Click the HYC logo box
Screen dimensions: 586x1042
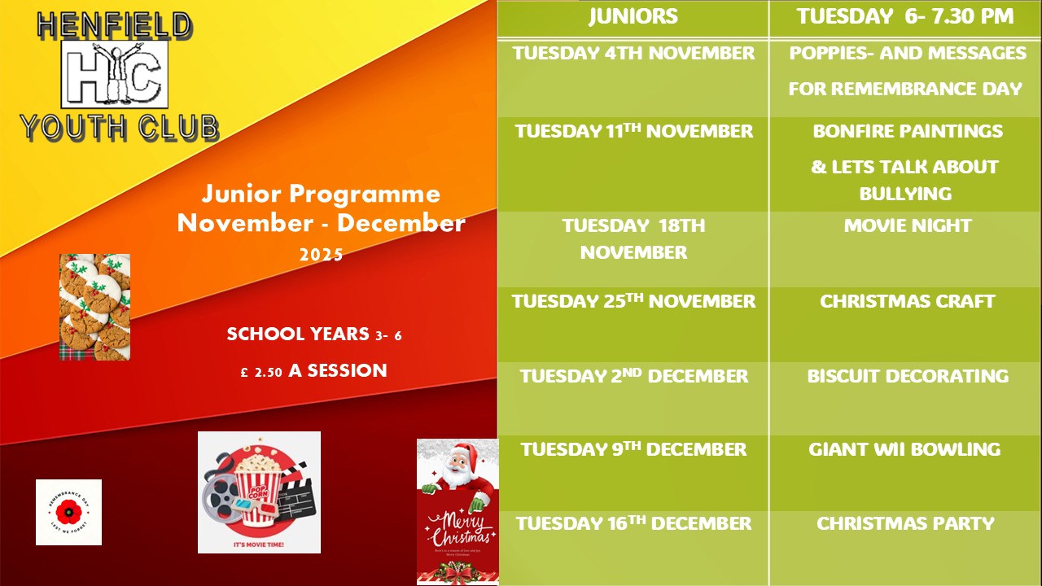(114, 75)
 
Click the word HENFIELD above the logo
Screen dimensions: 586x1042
(114, 26)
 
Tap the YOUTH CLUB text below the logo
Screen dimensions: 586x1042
(119, 127)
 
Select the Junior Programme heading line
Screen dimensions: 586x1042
(321, 195)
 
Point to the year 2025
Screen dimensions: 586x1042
(321, 255)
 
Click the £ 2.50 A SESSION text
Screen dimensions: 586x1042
(313, 371)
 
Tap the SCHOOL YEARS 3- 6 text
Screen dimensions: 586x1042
(313, 335)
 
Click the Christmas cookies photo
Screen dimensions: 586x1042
(94, 307)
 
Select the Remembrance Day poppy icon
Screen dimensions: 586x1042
(68, 512)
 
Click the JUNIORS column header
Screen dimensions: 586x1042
(633, 16)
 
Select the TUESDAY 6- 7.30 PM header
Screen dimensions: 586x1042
(904, 16)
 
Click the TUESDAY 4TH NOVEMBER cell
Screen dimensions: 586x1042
(633, 54)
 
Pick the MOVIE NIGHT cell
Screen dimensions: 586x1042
(907, 226)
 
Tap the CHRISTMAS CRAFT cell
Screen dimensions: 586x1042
(907, 302)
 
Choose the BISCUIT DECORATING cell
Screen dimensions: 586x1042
(907, 377)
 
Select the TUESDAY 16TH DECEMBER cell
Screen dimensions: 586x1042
(633, 524)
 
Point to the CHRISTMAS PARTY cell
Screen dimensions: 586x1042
(905, 524)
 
